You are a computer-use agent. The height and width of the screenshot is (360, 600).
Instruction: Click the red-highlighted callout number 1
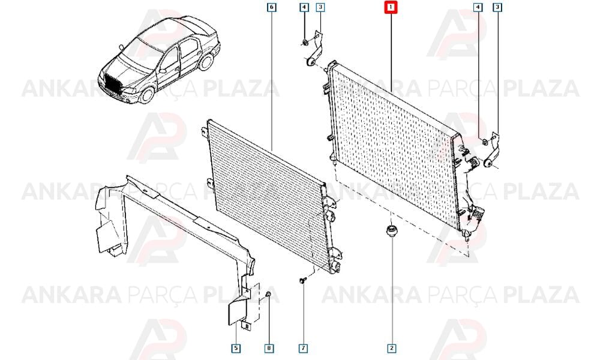391,7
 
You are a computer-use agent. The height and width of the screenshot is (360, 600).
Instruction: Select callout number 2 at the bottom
391,348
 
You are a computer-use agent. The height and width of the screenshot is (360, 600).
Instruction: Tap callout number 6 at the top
271,7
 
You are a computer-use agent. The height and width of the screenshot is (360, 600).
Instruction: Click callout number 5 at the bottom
236,348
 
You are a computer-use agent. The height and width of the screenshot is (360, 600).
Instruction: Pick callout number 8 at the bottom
269,348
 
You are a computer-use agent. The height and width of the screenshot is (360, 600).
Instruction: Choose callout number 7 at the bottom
303,348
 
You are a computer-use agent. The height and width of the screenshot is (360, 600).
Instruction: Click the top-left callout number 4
304,7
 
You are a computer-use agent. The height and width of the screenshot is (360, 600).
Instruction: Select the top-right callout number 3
497,7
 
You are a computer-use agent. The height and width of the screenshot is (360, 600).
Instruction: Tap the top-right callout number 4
478,7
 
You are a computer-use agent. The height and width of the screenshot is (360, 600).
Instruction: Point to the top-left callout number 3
320,7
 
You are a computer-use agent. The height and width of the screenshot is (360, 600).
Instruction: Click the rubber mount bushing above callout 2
391,232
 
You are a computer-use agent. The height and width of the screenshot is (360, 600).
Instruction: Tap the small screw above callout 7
303,281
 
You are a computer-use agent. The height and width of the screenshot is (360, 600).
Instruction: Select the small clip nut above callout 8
268,293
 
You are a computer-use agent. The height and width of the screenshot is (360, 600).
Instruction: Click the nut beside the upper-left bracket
305,42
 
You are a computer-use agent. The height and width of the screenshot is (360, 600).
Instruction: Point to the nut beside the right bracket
484,142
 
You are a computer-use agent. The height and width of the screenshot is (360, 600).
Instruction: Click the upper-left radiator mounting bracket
316,50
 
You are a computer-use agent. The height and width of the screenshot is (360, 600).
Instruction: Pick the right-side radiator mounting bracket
493,151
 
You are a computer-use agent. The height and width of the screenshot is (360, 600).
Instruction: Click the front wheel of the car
146,94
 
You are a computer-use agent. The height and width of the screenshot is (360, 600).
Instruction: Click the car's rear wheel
206,62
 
